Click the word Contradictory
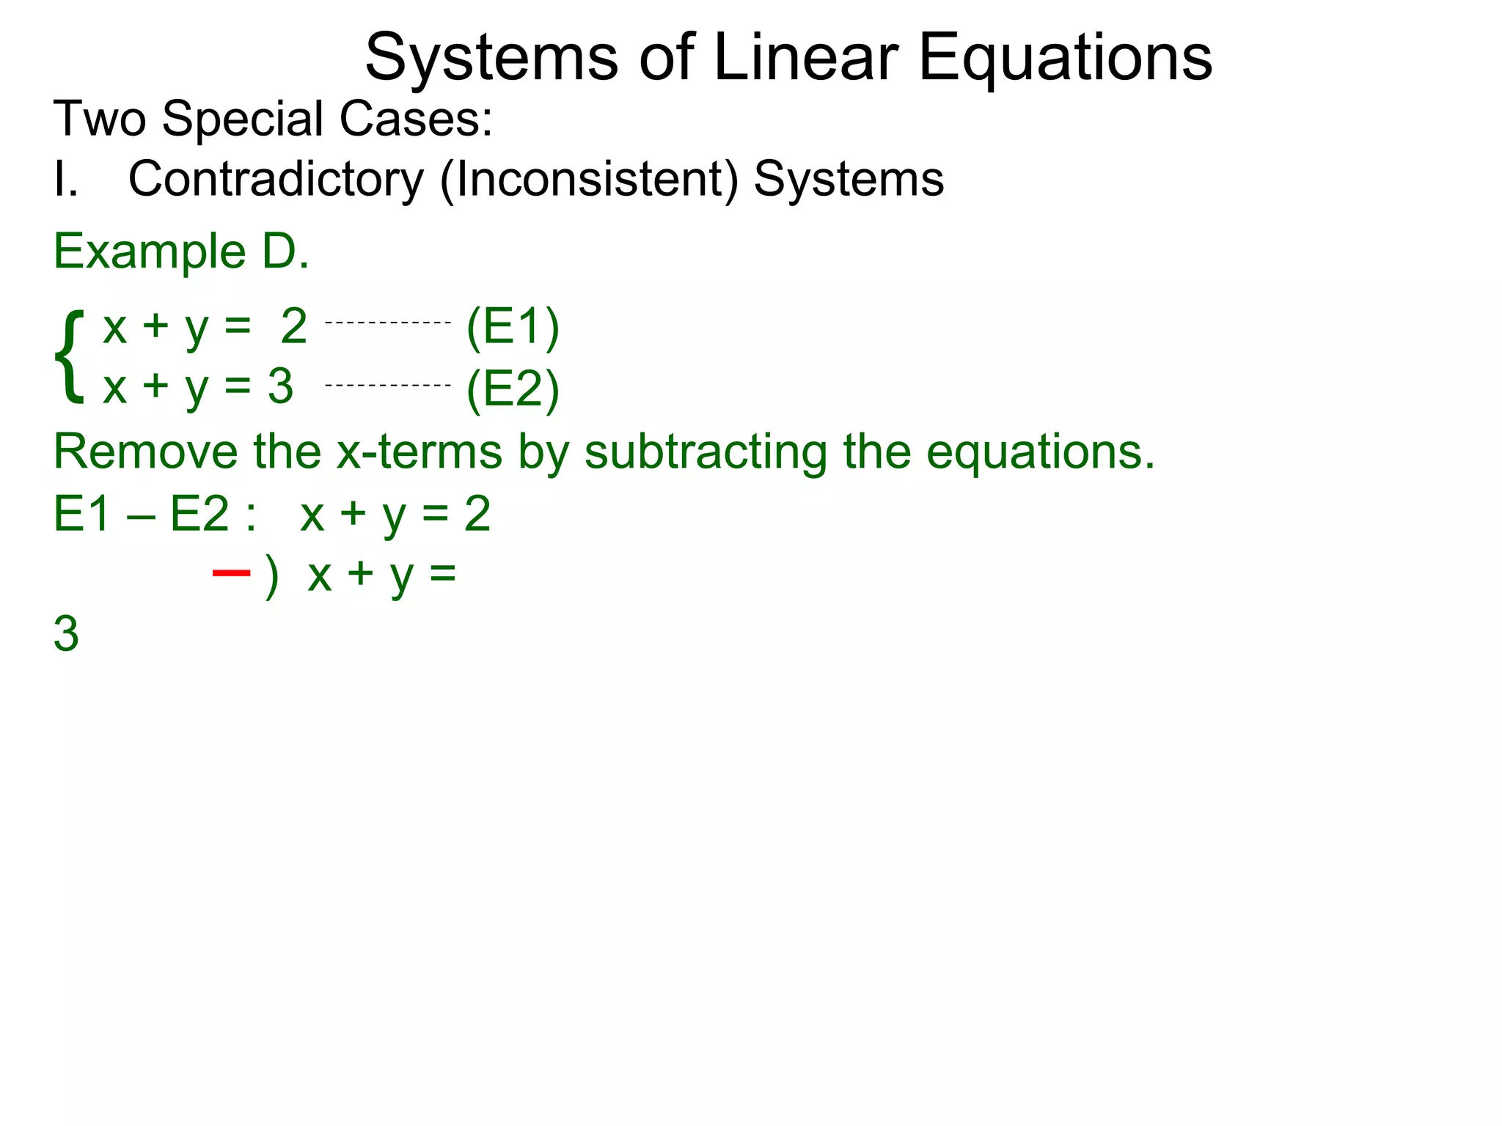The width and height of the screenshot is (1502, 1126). [x=276, y=180]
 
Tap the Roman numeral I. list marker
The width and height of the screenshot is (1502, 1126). [x=65, y=180]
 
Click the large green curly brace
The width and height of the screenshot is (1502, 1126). [x=70, y=356]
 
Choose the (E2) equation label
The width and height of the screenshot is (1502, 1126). [x=513, y=389]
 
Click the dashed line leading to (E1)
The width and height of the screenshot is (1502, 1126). [x=387, y=323]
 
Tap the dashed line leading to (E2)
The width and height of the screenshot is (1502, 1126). [x=387, y=385]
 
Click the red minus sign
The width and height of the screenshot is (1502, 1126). [x=231, y=573]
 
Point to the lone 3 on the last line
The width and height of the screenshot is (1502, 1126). [x=66, y=634]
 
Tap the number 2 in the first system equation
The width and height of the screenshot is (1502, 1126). [x=293, y=327]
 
